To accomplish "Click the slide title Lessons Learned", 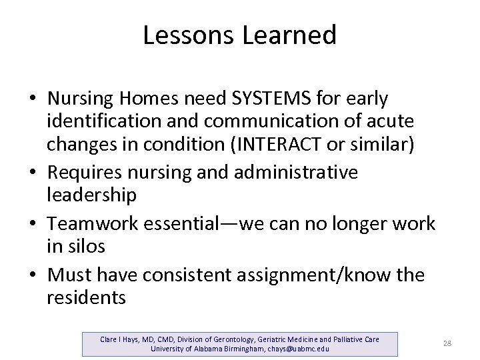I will tap(239, 35).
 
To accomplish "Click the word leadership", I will tap(91, 196).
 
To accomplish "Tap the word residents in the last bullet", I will tap(86, 297).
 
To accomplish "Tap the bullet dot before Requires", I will tap(33, 173).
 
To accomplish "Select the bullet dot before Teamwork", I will tap(33, 224).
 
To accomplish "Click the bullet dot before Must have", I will tap(33, 275).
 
